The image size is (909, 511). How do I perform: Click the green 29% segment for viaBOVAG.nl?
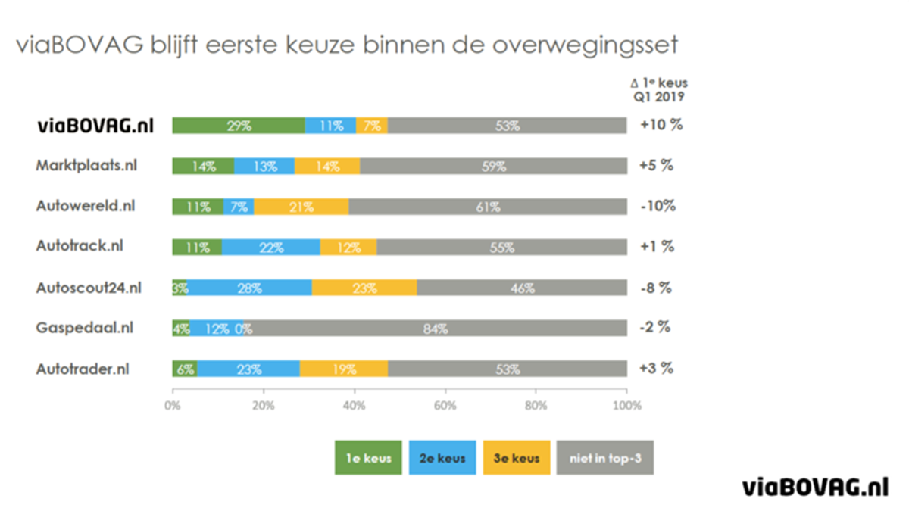pyautogui.click(x=238, y=126)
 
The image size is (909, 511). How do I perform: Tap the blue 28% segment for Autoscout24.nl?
pyautogui.click(x=249, y=288)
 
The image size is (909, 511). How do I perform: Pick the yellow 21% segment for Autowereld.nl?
pyautogui.click(x=301, y=207)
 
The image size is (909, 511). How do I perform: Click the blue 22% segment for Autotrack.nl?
pyautogui.click(x=270, y=247)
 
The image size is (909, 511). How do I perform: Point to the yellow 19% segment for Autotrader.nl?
pyautogui.click(x=343, y=369)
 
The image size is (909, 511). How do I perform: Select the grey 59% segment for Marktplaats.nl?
pyautogui.click(x=493, y=167)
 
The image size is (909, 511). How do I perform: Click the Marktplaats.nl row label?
pyautogui.click(x=86, y=166)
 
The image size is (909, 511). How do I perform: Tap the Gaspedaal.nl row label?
pyautogui.click(x=85, y=328)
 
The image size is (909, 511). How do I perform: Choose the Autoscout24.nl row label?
pyautogui.click(x=89, y=288)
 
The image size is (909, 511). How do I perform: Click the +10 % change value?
pyautogui.click(x=661, y=126)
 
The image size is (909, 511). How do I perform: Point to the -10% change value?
pyautogui.click(x=658, y=207)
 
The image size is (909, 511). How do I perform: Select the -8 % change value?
pyautogui.click(x=656, y=288)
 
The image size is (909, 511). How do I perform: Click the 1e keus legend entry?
pyautogui.click(x=368, y=459)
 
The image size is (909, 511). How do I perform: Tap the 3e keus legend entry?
pyautogui.click(x=517, y=459)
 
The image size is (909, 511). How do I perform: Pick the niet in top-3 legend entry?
pyautogui.click(x=604, y=459)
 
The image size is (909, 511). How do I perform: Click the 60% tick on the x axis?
pyautogui.click(x=445, y=405)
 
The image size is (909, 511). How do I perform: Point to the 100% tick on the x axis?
pyautogui.click(x=626, y=405)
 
